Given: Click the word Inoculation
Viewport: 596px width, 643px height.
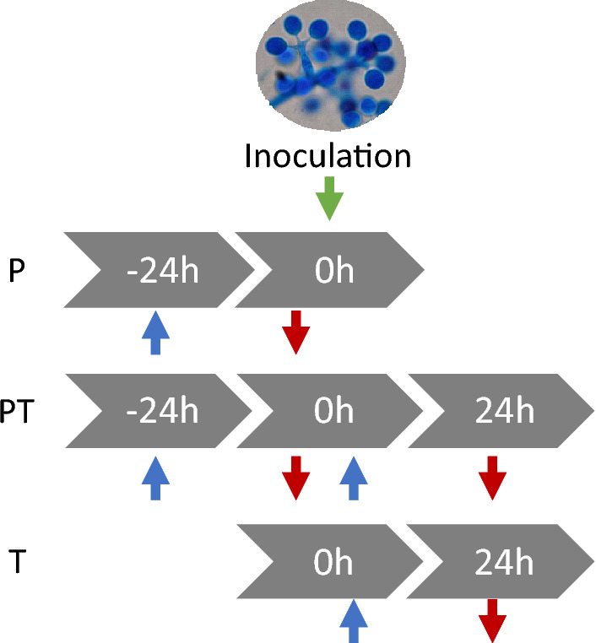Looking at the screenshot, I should pyautogui.click(x=328, y=157).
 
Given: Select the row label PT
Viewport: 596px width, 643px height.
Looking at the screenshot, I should pyautogui.click(x=18, y=413).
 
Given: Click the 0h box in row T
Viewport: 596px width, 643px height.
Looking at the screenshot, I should pyautogui.click(x=333, y=562).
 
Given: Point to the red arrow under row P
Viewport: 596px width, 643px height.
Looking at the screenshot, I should pyautogui.click(x=296, y=332).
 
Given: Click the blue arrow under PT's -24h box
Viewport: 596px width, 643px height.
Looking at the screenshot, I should pyautogui.click(x=154, y=478).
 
